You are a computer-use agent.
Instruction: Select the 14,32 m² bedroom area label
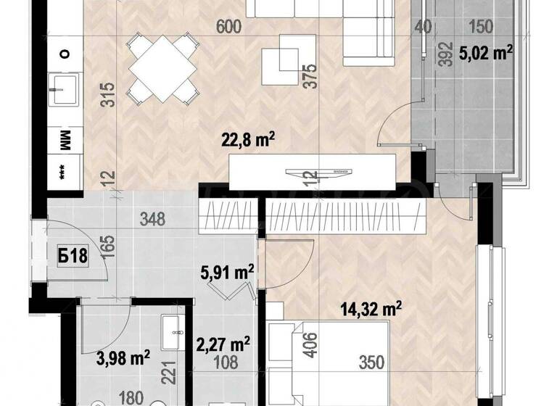[x=371, y=309]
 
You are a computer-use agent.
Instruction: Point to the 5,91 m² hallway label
[x=227, y=273]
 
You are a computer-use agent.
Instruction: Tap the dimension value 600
[x=228, y=28]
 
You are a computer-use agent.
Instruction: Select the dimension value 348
[x=153, y=217]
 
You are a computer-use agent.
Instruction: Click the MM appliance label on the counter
[x=63, y=139]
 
